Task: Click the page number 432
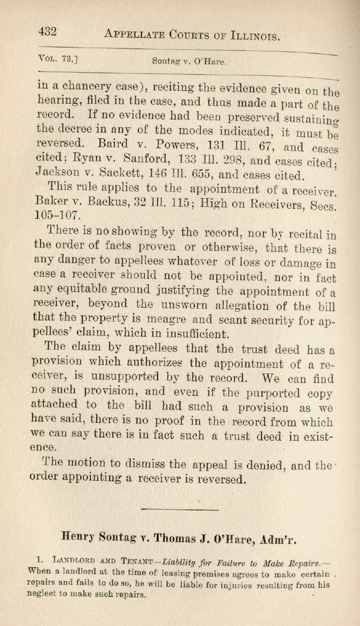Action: [47, 32]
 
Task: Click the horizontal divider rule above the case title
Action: [179, 503]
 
